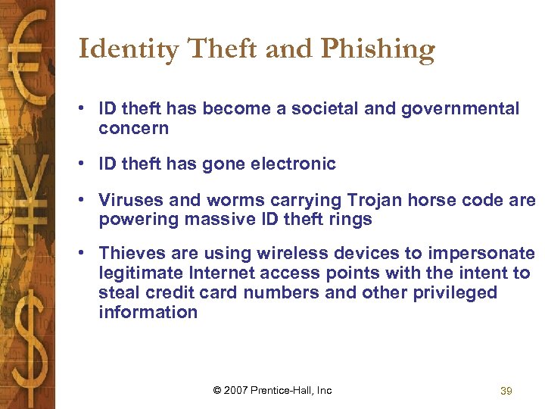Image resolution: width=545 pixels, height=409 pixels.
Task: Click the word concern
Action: pyautogui.click(x=133, y=129)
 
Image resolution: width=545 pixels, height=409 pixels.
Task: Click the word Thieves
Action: pyautogui.click(x=132, y=253)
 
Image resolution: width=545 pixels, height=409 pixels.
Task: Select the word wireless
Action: pyautogui.click(x=285, y=253)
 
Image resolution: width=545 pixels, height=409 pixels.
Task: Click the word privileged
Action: pyautogui.click(x=454, y=292)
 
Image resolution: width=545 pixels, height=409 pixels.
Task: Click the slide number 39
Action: pyautogui.click(x=506, y=391)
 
